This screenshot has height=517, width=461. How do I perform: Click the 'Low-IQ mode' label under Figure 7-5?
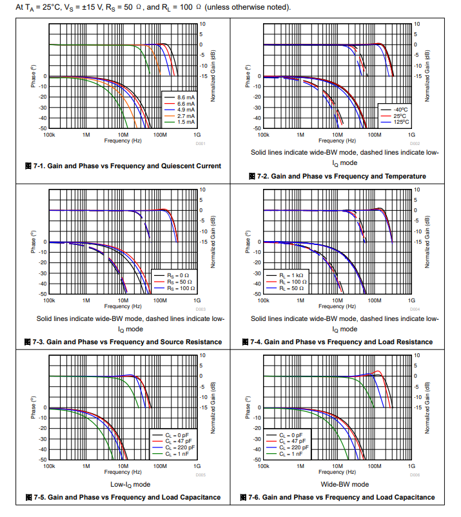122,484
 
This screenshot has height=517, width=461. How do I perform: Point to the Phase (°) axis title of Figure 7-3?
32,242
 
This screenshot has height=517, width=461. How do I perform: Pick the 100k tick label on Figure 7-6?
263,467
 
